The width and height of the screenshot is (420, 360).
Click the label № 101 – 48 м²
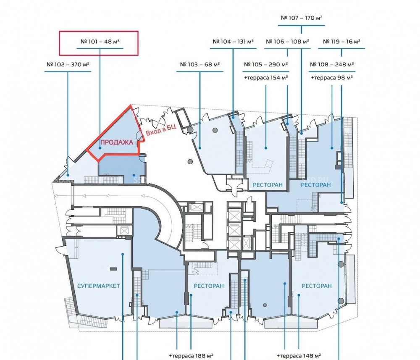(x=100, y=42)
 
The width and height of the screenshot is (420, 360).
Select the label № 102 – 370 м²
(x=68, y=65)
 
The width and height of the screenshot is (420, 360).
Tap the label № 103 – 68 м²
(x=200, y=65)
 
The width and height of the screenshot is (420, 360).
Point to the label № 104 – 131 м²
(x=233, y=42)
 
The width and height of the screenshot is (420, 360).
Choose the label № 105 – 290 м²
(x=266, y=65)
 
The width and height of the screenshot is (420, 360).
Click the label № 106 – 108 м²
(x=287, y=42)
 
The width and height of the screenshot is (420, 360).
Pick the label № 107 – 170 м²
(x=301, y=18)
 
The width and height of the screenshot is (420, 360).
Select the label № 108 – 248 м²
(x=332, y=65)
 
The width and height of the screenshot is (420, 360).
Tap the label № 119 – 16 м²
(x=341, y=42)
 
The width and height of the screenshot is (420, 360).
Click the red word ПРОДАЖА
(x=117, y=142)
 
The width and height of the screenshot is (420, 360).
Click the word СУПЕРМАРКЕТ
(x=99, y=286)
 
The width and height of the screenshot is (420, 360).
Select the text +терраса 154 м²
(x=266, y=78)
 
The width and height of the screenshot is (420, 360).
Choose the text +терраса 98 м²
(x=332, y=78)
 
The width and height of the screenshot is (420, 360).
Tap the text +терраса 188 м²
(x=191, y=356)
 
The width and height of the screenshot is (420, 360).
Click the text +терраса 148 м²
(x=299, y=356)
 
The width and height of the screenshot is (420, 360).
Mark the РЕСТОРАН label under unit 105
(x=268, y=185)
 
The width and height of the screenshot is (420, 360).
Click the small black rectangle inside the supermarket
(x=113, y=269)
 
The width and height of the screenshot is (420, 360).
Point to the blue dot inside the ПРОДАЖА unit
(x=100, y=148)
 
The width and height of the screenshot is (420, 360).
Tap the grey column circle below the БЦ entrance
(x=190, y=162)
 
